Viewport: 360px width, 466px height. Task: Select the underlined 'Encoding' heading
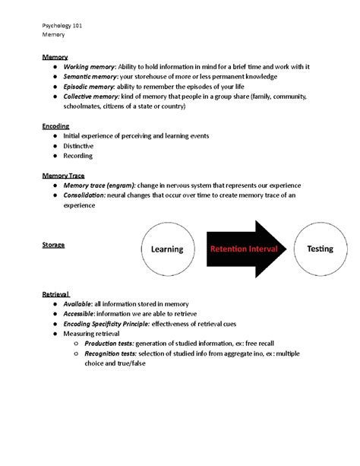click(55, 125)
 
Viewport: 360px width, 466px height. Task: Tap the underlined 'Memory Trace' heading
click(62, 175)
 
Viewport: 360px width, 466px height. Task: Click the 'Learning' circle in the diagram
click(167, 249)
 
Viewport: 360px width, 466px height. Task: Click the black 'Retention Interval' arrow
click(244, 249)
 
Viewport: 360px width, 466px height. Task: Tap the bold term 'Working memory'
click(87, 67)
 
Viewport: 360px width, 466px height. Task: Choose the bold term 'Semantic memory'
click(89, 77)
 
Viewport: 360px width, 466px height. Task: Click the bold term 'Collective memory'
click(90, 97)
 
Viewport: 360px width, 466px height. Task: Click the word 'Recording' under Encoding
click(78, 156)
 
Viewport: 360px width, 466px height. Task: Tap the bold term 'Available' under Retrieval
click(79, 303)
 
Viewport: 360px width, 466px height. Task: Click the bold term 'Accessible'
click(81, 313)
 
